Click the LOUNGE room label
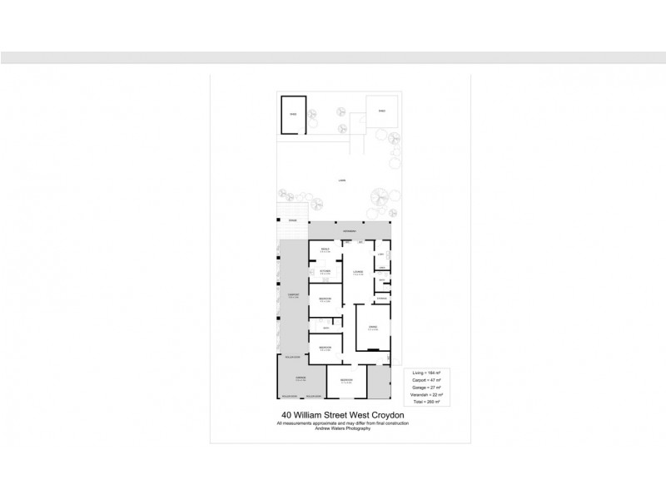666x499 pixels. click(358, 272)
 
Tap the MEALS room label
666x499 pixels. click(326, 249)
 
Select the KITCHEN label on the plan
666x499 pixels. click(326, 271)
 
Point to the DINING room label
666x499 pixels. click(372, 328)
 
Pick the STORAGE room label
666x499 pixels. click(381, 298)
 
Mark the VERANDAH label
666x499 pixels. click(350, 230)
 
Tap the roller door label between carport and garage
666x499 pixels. click(292, 355)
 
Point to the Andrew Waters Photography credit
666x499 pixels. click(343, 428)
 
